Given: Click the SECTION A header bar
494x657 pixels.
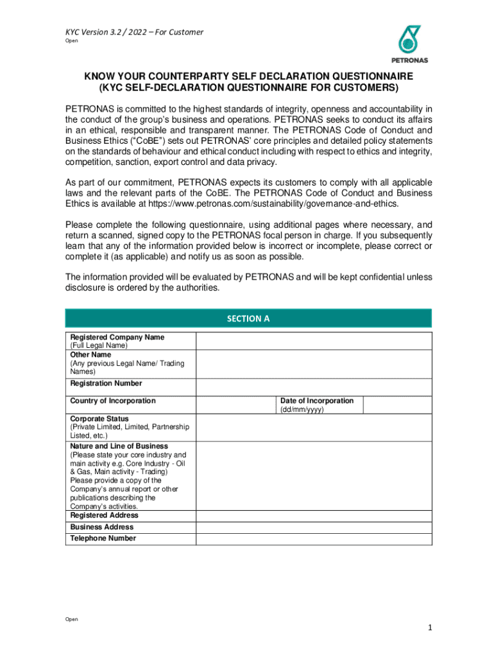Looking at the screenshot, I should [248, 318].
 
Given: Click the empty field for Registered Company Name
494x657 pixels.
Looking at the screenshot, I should [314, 341].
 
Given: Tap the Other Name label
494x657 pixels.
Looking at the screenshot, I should [90, 355].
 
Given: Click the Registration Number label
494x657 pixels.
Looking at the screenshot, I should [106, 384].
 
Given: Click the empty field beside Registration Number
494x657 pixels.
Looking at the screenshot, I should [314, 387].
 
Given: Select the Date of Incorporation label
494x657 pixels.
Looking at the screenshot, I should [316, 401].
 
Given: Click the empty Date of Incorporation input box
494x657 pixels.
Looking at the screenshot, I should [397, 405].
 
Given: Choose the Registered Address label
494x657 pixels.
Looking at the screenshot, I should [104, 515].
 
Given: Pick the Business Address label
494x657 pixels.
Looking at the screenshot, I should [101, 527].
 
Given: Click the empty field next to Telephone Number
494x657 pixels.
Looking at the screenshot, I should [314, 539].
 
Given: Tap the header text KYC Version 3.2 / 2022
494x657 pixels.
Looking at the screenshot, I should [126, 31].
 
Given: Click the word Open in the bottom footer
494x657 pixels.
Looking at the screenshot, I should [72, 619].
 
